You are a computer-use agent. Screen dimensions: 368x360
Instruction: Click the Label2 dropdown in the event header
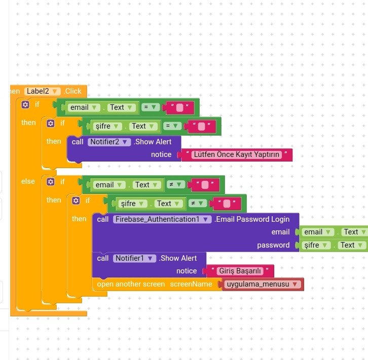(42, 91)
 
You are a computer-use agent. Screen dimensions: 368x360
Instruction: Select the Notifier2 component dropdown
(109, 142)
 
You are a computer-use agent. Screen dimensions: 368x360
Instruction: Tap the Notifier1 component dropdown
(134, 258)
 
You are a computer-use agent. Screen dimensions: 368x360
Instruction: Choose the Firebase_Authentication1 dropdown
(162, 219)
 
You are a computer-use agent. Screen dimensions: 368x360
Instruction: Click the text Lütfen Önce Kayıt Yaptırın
(237, 155)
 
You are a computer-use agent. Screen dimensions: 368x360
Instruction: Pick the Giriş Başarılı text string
(240, 271)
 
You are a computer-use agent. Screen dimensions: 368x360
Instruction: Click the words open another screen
(131, 284)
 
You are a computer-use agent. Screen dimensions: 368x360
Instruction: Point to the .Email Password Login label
(252, 219)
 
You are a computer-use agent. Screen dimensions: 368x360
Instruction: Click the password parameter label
(273, 245)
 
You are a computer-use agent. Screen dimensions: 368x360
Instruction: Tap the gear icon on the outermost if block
(25, 104)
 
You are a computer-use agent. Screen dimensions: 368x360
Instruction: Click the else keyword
(28, 181)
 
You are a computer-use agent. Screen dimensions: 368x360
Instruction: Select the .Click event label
(72, 91)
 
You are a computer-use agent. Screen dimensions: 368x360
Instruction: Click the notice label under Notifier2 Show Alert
(161, 155)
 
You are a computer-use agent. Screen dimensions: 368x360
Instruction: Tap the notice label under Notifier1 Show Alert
(187, 271)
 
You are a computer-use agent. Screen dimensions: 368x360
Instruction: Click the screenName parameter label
(191, 284)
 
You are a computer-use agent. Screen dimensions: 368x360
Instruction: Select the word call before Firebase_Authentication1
(103, 219)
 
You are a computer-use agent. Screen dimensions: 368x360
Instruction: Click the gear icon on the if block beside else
(51, 182)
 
